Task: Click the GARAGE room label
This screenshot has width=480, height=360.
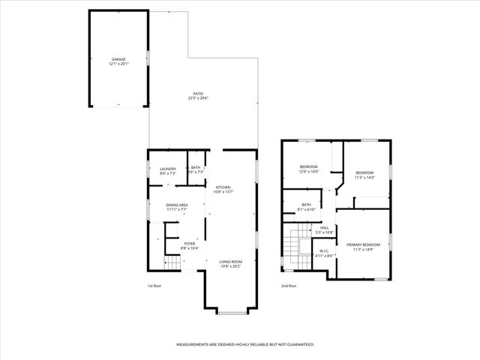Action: tap(118, 58)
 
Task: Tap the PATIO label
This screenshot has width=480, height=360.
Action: tap(198, 94)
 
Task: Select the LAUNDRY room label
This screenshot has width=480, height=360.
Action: tap(167, 169)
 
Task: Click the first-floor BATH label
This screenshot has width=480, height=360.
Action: tap(196, 168)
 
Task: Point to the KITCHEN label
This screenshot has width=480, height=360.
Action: tap(223, 187)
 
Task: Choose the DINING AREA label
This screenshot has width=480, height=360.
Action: tap(177, 205)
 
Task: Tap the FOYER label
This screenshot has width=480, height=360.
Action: tap(190, 243)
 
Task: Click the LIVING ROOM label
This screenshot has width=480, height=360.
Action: tap(230, 262)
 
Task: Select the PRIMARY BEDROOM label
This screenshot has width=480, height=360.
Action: tap(363, 244)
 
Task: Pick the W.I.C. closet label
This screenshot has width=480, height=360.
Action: tap(324, 251)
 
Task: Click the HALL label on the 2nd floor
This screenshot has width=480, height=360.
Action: tap(324, 229)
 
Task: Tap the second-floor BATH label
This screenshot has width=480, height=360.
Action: tap(306, 205)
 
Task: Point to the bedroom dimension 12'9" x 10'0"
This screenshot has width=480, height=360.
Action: tap(310, 172)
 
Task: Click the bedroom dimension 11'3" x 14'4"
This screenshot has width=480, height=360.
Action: tap(364, 177)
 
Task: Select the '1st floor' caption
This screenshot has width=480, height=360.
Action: tap(154, 286)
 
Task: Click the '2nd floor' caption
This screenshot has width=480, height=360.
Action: tap(289, 286)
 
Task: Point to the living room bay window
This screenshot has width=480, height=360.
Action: tap(230, 311)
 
